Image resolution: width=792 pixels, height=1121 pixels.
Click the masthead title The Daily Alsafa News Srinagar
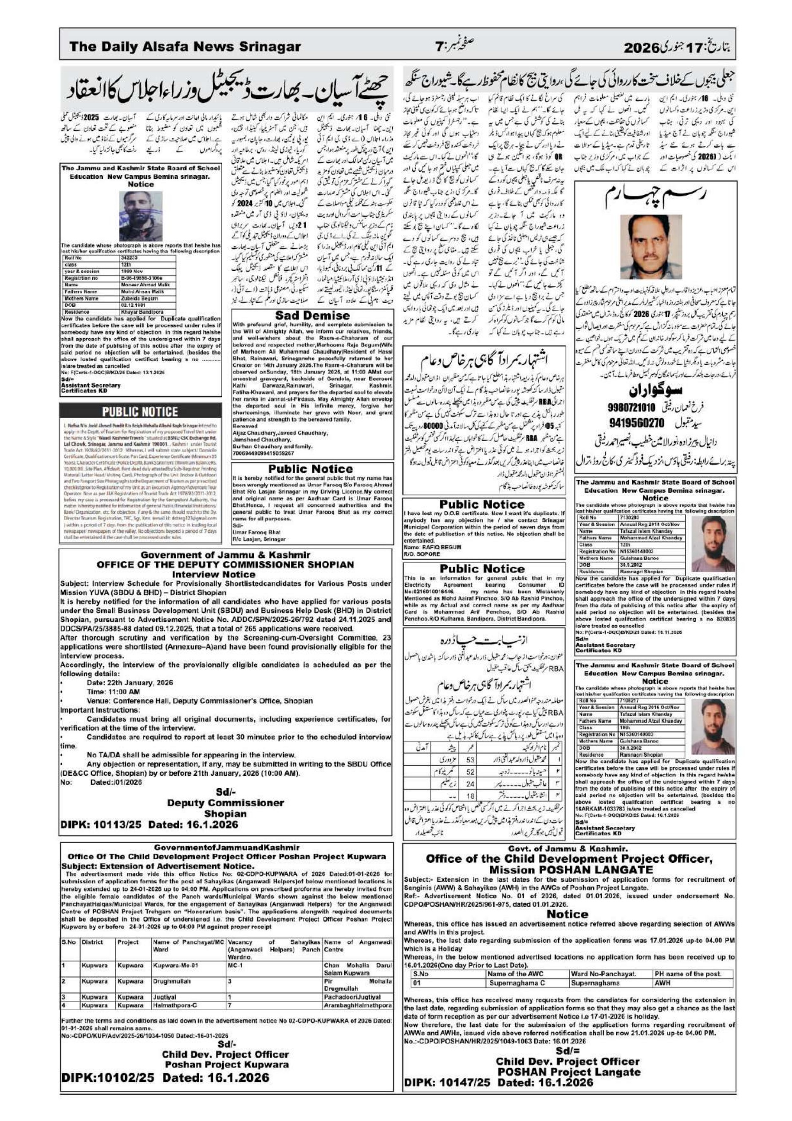[x=185, y=47]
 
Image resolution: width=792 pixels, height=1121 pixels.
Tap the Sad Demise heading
[x=312, y=316]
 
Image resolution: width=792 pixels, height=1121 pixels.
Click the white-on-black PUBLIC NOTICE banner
[x=140, y=411]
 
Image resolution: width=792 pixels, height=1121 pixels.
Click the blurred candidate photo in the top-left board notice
[x=141, y=215]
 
